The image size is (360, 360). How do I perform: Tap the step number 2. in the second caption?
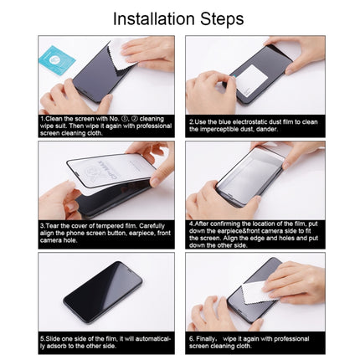pos(191,121)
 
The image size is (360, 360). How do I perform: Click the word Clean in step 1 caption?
pos(55,121)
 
